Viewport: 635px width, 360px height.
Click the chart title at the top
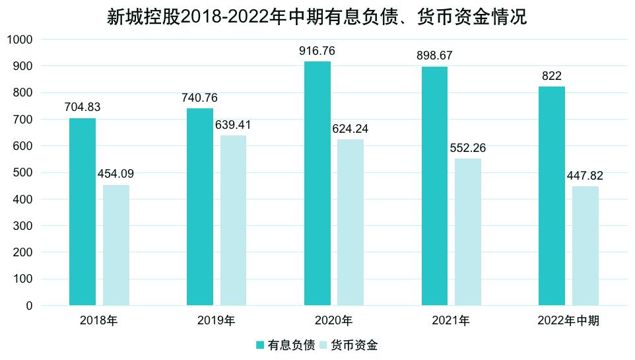317,17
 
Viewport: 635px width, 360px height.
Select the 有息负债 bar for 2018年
83,211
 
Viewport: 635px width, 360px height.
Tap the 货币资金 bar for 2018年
116,245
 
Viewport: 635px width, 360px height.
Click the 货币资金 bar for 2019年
234,221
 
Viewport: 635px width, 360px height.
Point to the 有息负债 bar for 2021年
434,186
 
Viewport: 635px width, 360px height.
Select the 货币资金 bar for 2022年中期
585,246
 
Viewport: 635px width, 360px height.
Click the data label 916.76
317,50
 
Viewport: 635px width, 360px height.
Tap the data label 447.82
585,176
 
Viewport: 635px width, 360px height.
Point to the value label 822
551,76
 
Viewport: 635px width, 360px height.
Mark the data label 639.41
234,125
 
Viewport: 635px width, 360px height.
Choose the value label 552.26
468,148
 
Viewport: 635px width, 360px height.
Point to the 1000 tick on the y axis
20,40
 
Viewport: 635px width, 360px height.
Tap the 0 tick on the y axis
29,306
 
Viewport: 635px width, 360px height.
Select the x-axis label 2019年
216,322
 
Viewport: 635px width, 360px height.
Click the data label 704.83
83,107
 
